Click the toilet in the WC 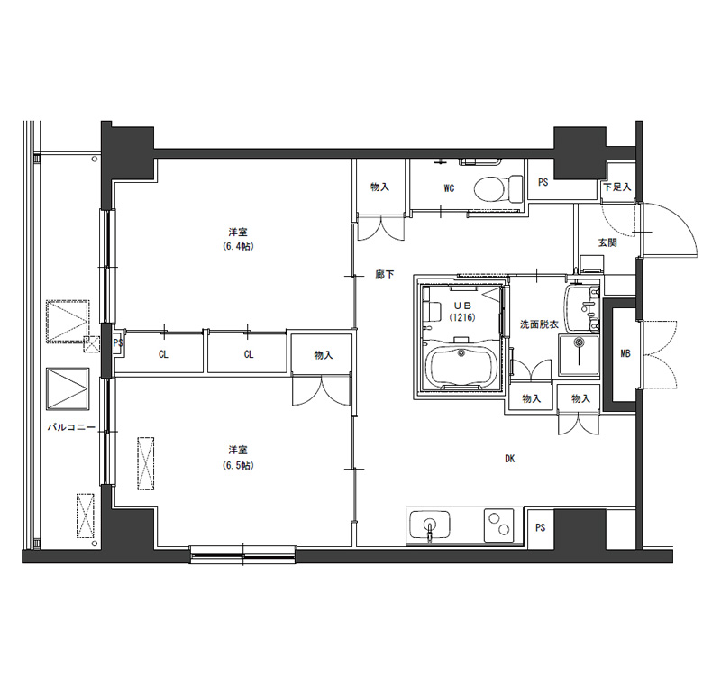(499, 188)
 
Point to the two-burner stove (499, 523)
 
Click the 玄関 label (607, 242)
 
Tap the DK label (509, 459)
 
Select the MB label (625, 353)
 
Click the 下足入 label (617, 187)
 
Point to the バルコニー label (71, 427)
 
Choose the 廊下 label (385, 275)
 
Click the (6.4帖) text (238, 246)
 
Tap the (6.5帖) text (238, 465)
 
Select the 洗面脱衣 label (539, 324)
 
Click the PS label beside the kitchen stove (540, 528)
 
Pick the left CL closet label (163, 354)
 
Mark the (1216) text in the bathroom (462, 317)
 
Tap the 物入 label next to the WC (379, 187)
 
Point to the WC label (449, 188)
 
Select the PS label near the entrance (543, 182)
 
